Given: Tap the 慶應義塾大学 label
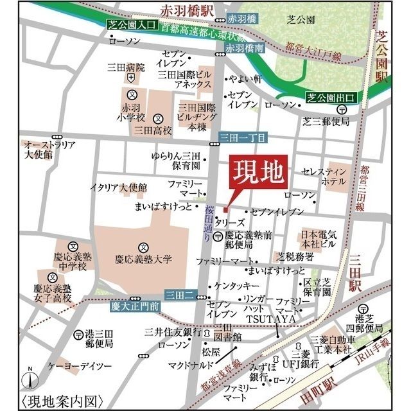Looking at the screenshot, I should (144, 259).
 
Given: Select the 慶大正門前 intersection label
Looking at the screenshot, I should (133, 306).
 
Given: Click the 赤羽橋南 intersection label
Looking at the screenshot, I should (245, 48).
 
